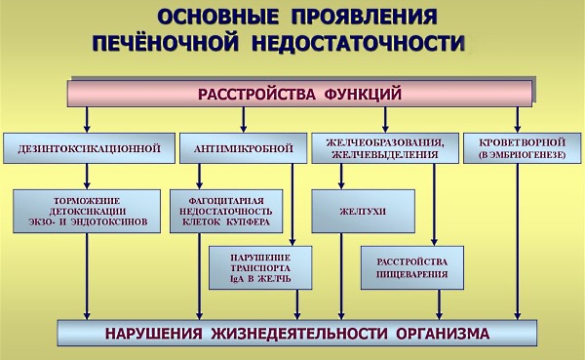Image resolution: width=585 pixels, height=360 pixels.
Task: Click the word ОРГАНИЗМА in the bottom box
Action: [444, 333]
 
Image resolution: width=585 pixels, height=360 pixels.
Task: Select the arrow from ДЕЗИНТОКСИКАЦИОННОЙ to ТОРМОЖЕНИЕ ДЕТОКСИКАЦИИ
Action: [88, 177]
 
